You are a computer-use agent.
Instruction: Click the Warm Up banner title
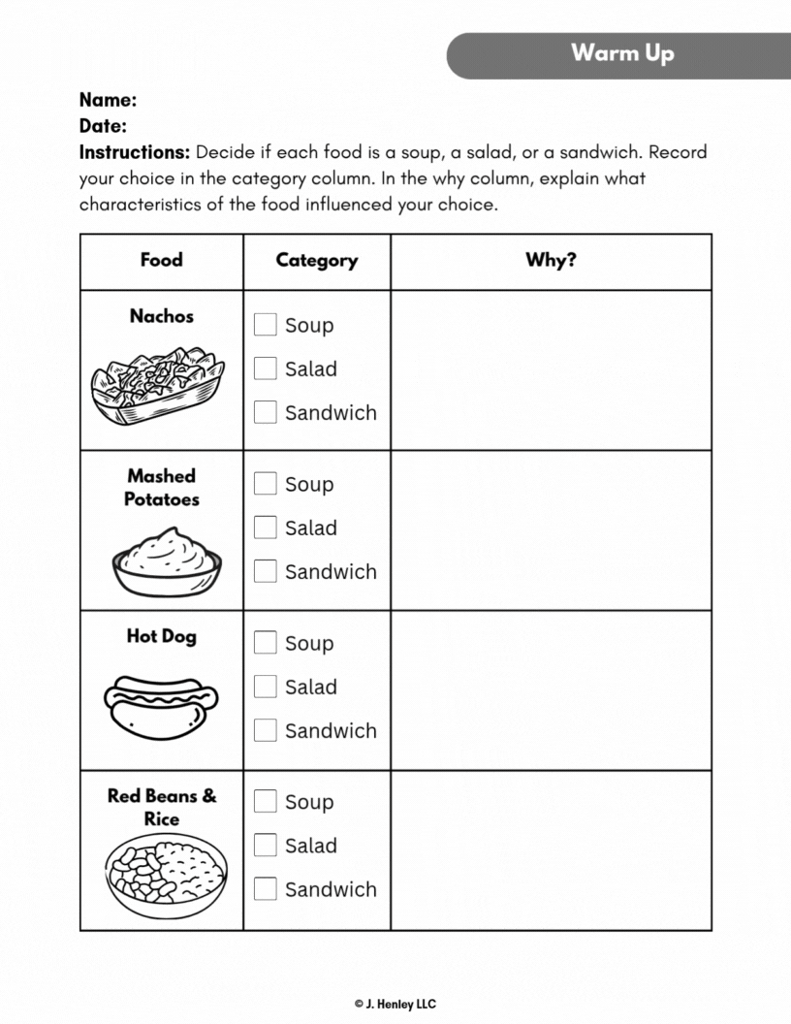(x=621, y=52)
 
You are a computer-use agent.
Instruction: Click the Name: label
(x=108, y=100)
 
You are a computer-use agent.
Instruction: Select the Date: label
(x=103, y=126)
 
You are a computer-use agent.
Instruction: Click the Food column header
(x=161, y=260)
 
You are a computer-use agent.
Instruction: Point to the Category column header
(x=316, y=260)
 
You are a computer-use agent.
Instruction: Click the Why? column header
(x=551, y=260)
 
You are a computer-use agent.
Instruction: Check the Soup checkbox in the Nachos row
(x=266, y=325)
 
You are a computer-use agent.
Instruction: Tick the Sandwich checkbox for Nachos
(x=266, y=412)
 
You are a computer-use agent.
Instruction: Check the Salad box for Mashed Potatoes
(x=266, y=528)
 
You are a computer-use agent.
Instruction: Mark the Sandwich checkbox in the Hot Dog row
(x=266, y=730)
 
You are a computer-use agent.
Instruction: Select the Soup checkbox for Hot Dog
(x=266, y=643)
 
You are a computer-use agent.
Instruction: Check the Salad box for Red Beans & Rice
(x=266, y=845)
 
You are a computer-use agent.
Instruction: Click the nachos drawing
(x=158, y=384)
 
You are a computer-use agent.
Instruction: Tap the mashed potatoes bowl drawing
(x=167, y=561)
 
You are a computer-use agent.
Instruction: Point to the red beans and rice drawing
(x=166, y=876)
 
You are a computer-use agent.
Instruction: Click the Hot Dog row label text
(x=161, y=637)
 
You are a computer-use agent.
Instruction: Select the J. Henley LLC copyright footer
(x=395, y=1005)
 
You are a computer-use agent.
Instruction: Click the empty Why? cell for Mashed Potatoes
(x=551, y=530)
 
